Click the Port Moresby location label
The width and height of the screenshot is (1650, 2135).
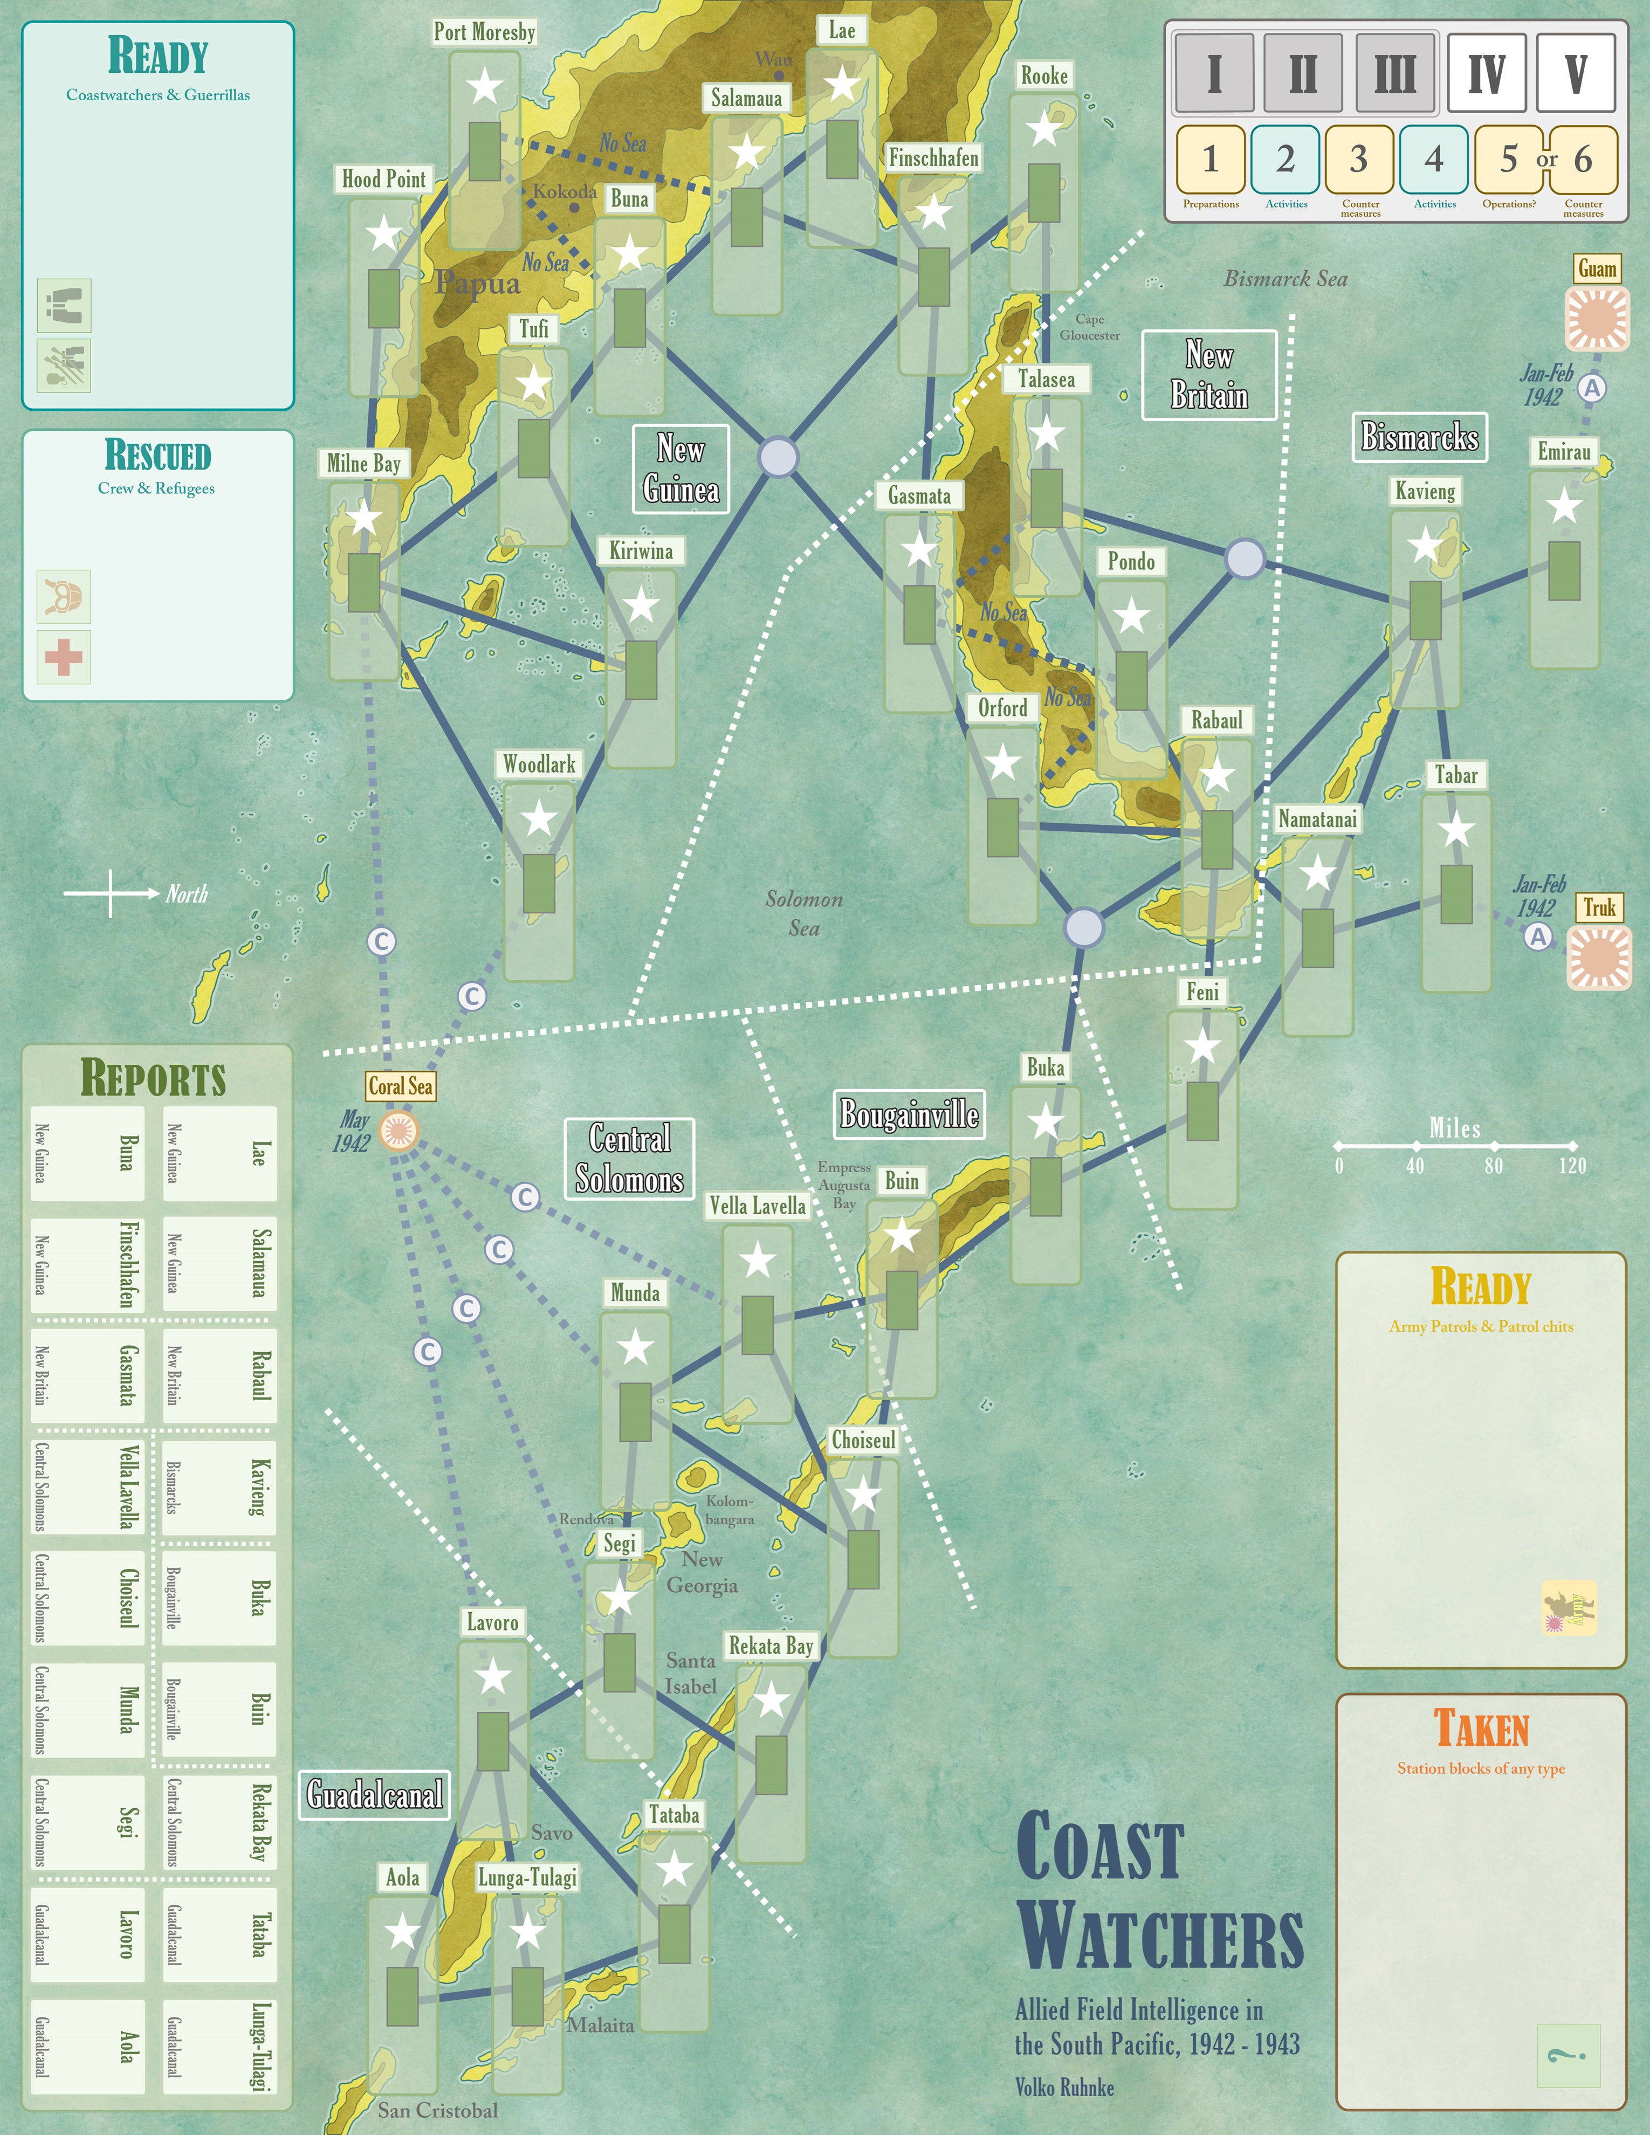pos(485,32)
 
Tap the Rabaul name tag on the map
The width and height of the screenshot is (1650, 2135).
pos(1216,720)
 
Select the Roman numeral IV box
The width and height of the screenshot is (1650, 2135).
pos(1486,73)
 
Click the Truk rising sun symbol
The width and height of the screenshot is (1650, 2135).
pos(1599,957)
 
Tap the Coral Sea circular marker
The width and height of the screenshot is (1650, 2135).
pos(399,1131)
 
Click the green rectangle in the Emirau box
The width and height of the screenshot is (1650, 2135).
pos(1564,570)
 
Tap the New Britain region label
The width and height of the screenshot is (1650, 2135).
pos(1209,375)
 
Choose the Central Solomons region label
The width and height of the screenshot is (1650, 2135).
pos(629,1159)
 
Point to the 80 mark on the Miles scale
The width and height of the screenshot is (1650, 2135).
pos(1494,1145)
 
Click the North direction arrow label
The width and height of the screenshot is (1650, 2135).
pos(185,893)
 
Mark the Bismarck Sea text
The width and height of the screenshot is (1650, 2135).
pos(1285,279)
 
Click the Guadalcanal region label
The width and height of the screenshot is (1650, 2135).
pos(374,1795)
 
